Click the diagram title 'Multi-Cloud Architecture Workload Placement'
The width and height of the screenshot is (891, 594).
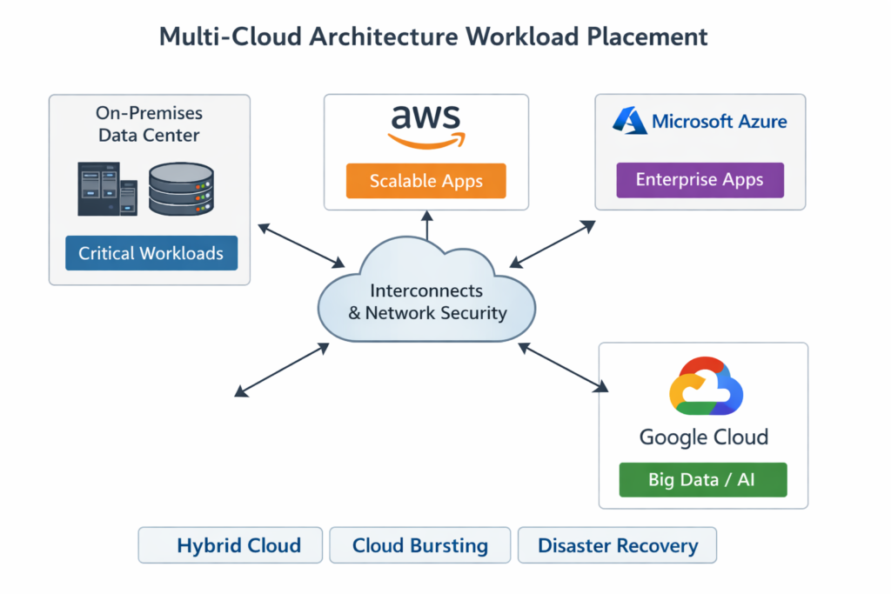432,37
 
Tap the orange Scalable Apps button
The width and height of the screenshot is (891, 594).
425,181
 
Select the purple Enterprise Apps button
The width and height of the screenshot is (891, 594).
700,180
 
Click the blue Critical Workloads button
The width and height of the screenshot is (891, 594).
151,253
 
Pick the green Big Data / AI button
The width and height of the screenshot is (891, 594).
702,479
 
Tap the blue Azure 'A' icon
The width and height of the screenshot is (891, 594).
629,120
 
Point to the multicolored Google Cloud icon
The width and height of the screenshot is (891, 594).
705,387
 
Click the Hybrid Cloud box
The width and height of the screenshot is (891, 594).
231,545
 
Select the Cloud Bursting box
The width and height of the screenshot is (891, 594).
420,545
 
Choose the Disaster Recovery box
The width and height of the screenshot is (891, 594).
617,545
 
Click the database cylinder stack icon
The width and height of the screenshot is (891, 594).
181,189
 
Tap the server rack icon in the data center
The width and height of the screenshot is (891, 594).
107,188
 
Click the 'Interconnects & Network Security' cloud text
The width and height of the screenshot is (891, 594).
426,302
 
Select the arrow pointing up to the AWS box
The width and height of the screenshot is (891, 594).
426,226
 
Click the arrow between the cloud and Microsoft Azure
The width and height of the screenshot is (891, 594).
553,243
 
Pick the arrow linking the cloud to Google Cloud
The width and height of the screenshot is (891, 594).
562,365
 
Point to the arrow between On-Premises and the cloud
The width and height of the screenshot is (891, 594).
301,245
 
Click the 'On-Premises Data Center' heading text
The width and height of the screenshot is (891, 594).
149,124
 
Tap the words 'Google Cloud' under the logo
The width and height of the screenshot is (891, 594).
703,437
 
